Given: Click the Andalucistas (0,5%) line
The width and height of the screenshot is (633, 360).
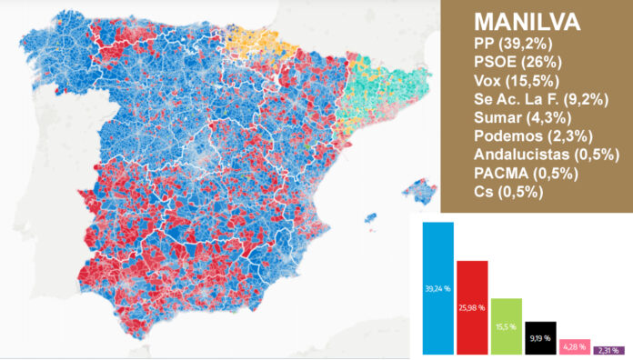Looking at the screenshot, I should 533,156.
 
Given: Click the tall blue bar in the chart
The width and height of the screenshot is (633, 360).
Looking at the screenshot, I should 438,288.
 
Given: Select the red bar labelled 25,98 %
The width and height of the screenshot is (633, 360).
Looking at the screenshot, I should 473,307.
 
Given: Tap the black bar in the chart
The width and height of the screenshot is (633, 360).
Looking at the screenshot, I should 541,337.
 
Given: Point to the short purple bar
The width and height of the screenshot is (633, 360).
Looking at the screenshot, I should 608,350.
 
